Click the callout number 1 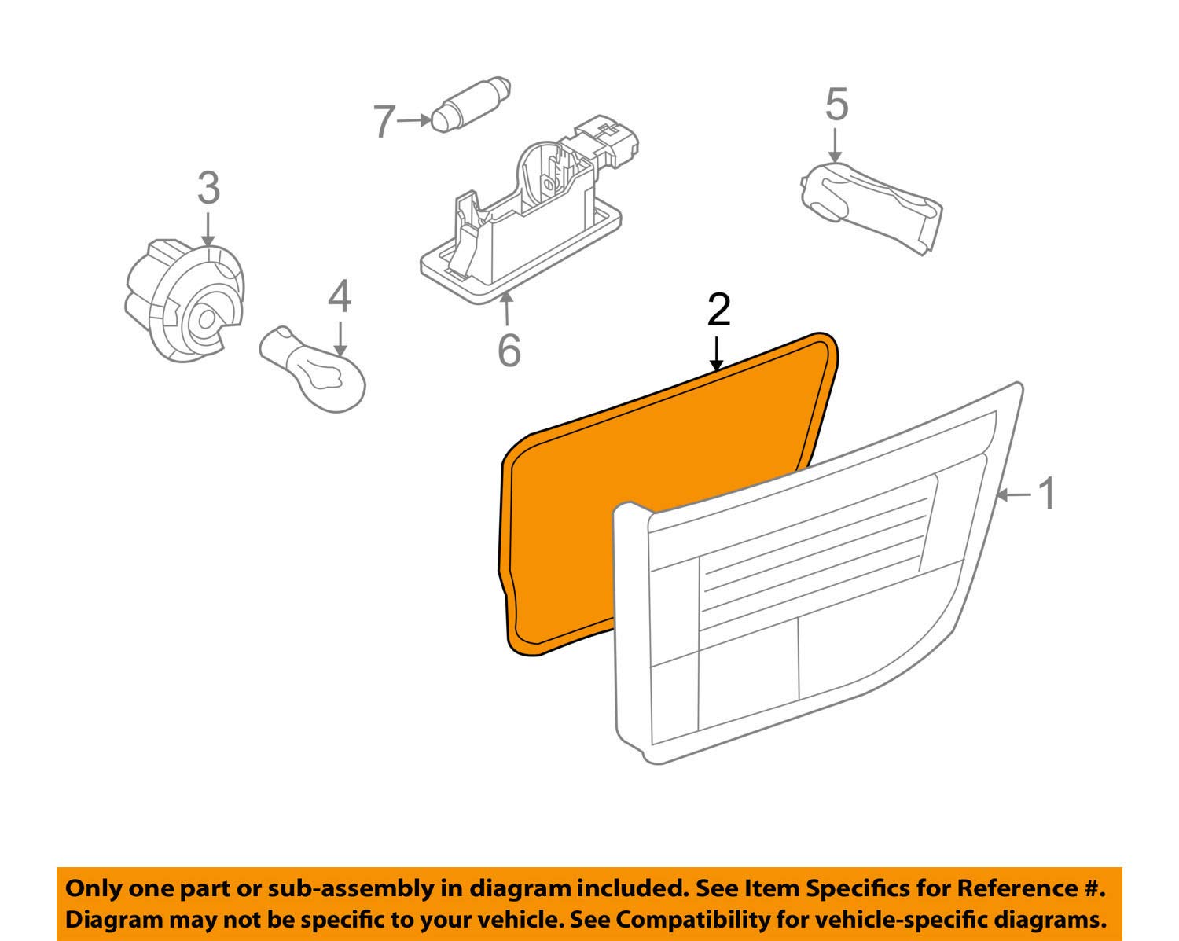click(x=1047, y=494)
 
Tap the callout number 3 click(x=208, y=189)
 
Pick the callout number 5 click(x=836, y=105)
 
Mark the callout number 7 click(x=383, y=123)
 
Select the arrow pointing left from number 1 click(x=1016, y=494)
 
